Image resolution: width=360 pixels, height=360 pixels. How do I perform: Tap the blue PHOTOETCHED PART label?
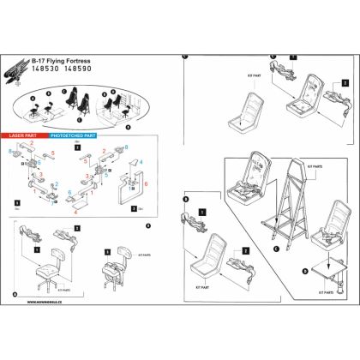[x=71, y=137]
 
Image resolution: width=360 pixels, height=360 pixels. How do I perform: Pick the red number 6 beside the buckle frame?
[x=147, y=184]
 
